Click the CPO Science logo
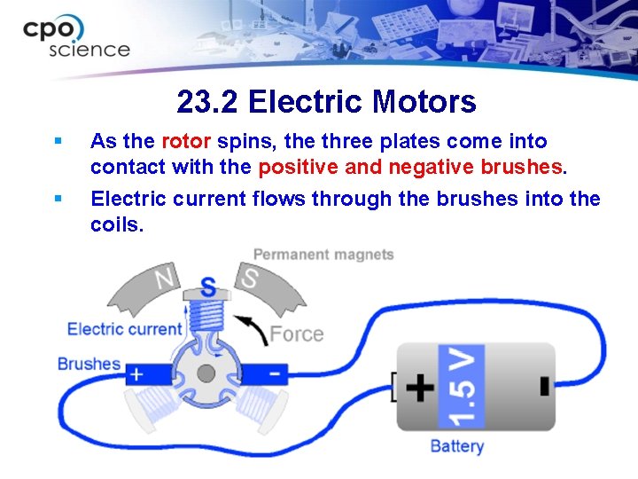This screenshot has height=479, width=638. pos(76,36)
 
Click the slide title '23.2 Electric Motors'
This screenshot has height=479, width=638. pos(326,102)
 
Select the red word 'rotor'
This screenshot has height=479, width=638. pos(186,141)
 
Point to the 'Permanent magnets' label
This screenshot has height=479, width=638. pos(323,255)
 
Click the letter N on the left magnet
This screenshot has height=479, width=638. pos(165,279)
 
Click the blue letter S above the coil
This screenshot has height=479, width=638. pos(208,287)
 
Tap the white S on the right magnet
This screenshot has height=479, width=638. pos(250,279)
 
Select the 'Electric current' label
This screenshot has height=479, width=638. pos(124,329)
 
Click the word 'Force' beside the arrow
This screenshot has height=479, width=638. pos(296,334)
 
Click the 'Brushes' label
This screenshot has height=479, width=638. pos(89,364)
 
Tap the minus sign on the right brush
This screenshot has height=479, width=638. pos(275,373)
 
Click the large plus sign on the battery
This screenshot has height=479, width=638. pos(419,387)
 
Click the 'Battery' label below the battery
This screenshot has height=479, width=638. pos(456,445)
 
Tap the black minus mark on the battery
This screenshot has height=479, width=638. pos(543,387)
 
